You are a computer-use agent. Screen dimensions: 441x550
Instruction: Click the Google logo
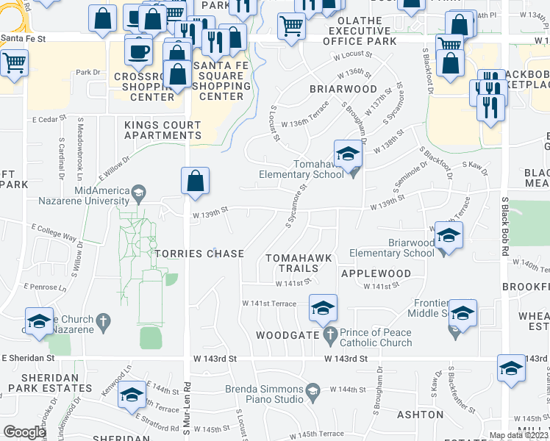24,431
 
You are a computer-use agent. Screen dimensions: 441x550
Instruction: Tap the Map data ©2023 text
518,435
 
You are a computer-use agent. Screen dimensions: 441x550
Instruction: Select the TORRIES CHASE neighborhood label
199,254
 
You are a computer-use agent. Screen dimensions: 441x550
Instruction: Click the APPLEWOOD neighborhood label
376,273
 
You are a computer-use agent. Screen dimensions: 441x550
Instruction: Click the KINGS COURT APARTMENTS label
162,130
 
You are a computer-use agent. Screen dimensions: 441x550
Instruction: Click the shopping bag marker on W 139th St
195,182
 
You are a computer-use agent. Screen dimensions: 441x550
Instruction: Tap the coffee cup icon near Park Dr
138,51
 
